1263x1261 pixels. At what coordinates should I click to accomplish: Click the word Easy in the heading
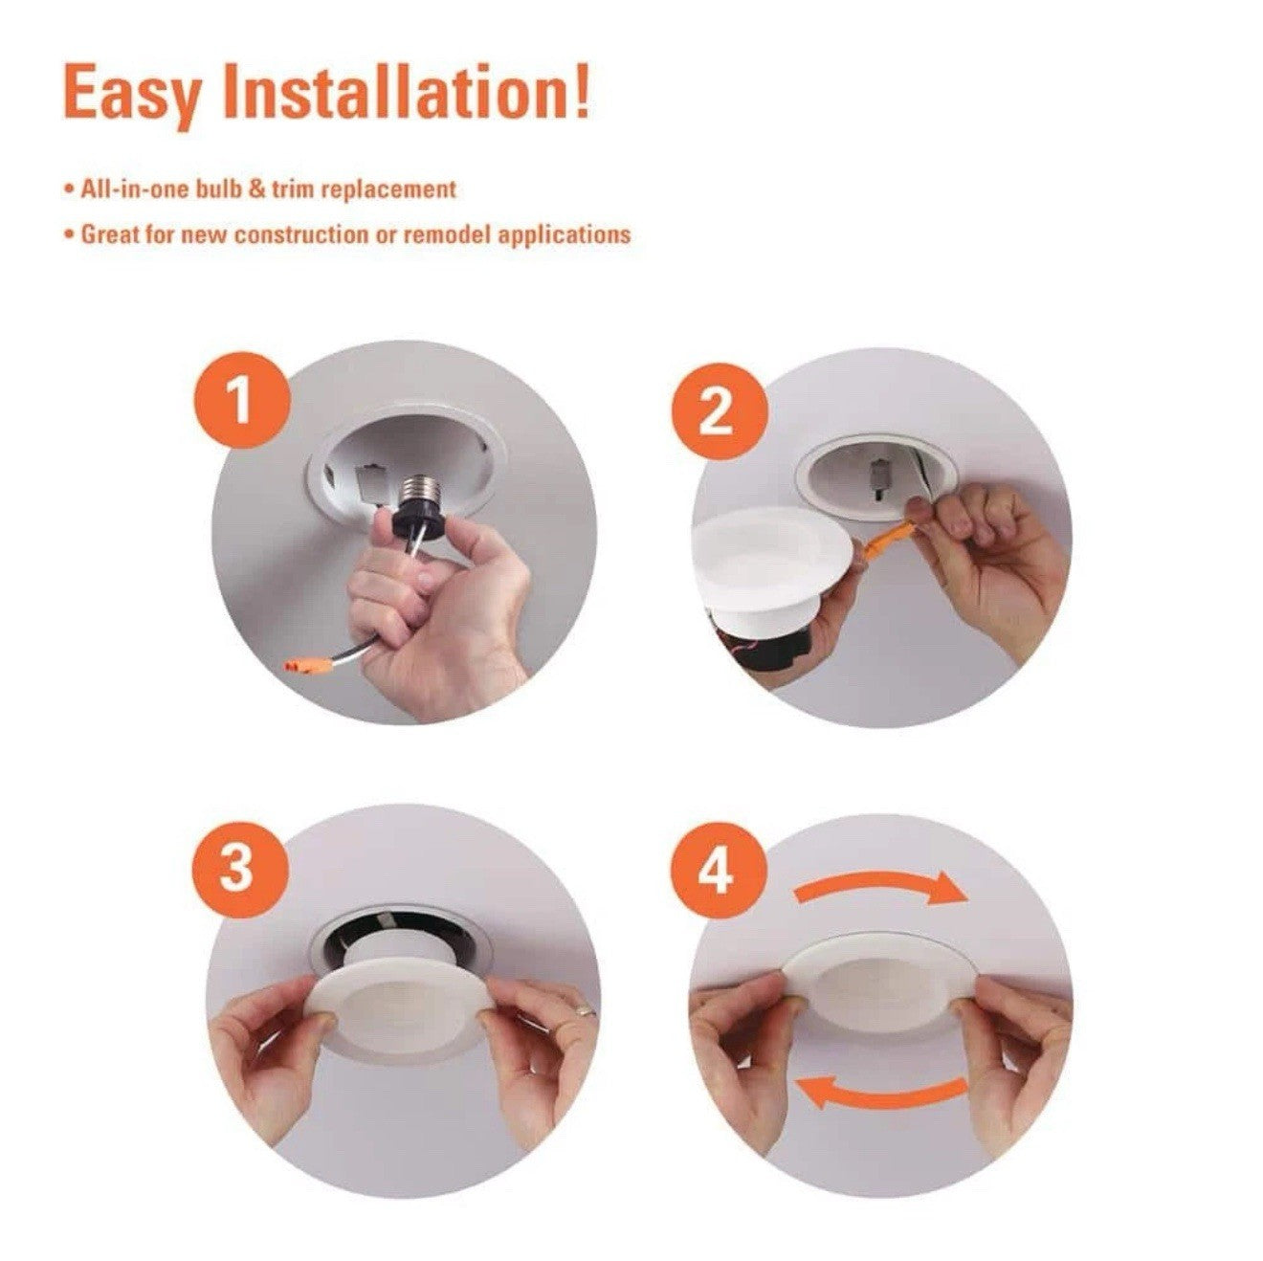pos(132,93)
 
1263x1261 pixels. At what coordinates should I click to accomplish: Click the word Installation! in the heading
pos(407,91)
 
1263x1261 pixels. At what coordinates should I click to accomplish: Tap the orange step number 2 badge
pos(717,412)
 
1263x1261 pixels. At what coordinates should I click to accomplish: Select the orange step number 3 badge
pos(236,869)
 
